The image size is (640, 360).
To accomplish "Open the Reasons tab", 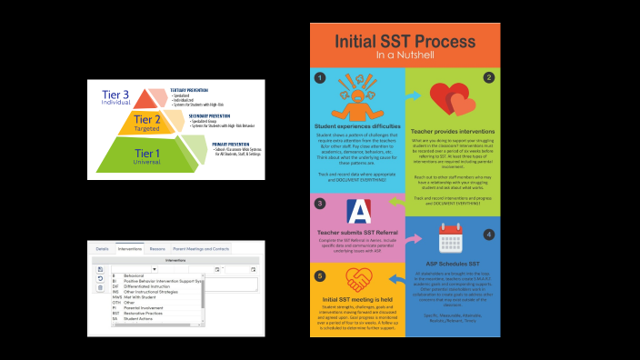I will [157, 248].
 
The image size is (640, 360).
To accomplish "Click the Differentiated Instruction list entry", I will [149, 286].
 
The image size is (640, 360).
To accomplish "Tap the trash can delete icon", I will [99, 287].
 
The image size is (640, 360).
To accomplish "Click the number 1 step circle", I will [320, 78].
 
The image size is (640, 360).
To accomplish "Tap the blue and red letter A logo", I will [358, 212].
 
